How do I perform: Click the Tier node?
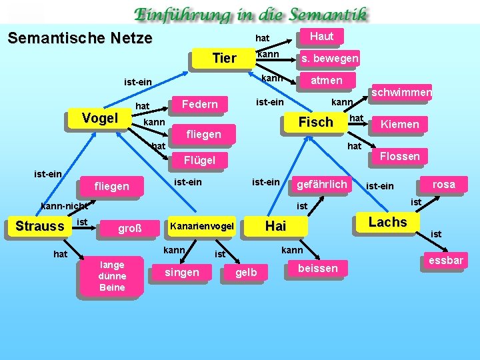click(x=224, y=59)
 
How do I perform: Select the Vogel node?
click(x=99, y=119)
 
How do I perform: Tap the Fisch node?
click(x=315, y=122)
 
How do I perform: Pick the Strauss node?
click(x=39, y=226)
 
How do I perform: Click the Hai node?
click(x=275, y=226)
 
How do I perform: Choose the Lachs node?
click(x=387, y=222)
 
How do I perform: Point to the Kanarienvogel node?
click(x=203, y=227)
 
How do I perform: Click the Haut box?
click(x=322, y=36)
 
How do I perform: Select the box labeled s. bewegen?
click(x=329, y=59)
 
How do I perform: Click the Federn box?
click(x=199, y=104)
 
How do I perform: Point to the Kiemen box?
click(x=399, y=124)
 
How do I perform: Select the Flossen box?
click(x=399, y=156)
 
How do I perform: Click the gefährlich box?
click(x=321, y=184)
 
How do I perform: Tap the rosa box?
click(x=443, y=185)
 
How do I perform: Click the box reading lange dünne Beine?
click(x=112, y=276)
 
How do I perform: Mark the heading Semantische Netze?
click(x=80, y=38)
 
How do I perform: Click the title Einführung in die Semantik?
click(x=250, y=13)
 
